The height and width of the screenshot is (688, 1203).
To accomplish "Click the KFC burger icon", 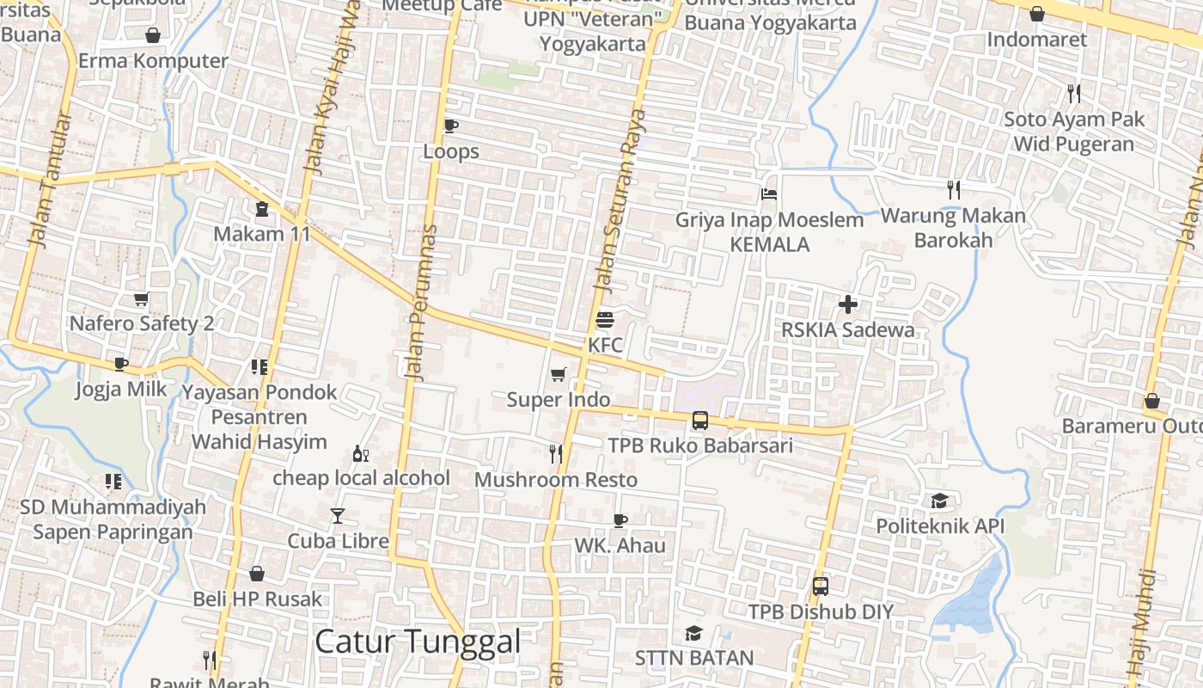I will (604, 321).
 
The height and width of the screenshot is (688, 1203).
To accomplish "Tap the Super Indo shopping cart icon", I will (559, 375).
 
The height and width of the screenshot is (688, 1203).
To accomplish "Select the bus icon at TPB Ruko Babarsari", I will (699, 421).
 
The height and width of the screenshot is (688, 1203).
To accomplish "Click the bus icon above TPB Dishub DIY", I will (820, 587).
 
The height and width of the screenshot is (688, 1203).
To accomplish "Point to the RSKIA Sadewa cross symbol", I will (848, 304).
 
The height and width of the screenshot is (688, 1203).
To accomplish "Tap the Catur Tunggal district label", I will (418, 642).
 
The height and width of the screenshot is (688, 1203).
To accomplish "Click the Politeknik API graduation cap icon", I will (939, 501).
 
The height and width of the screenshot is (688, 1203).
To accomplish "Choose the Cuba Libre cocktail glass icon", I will (338, 516).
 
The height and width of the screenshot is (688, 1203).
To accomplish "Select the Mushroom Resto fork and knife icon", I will (556, 454).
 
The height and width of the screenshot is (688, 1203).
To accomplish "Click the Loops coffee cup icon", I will (450, 126).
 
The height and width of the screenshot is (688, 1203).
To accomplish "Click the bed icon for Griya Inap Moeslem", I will (769, 194).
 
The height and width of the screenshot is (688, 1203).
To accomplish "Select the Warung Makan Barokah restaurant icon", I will (953, 190).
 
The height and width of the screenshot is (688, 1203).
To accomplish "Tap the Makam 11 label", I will (262, 234).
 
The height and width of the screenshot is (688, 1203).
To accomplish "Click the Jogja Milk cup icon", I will (121, 364).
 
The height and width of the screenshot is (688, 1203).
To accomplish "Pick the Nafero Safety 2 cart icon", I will (141, 298).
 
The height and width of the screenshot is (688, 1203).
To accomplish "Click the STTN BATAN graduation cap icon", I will (693, 634).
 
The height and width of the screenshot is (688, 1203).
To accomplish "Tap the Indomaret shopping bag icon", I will (1036, 15).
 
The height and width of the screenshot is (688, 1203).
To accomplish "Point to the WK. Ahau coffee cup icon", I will (620, 520).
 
